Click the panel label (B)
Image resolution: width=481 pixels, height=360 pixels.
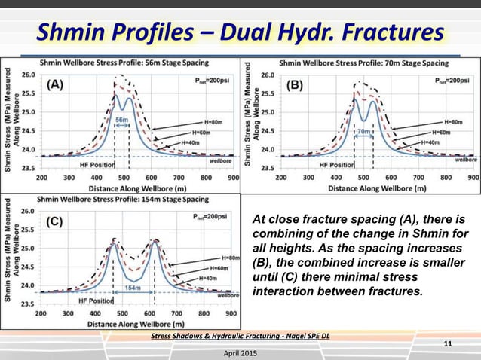tap(293, 86)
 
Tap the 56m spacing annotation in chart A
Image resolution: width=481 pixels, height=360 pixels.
tap(121, 119)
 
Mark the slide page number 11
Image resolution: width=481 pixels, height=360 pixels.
tap(447, 345)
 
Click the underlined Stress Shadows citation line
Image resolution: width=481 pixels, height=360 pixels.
tap(240, 335)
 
